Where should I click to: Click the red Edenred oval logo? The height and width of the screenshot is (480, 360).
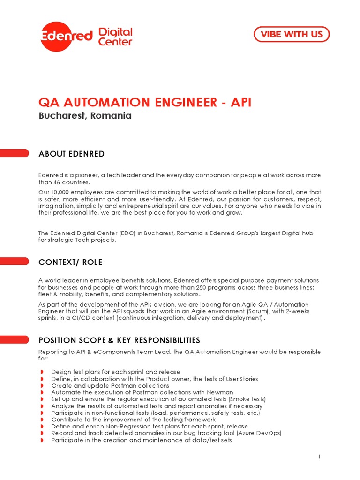(66, 36)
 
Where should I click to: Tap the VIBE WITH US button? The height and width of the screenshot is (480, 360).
(291, 34)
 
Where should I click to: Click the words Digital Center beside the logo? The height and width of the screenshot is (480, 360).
(115, 37)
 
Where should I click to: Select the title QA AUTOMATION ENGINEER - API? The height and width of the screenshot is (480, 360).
(145, 102)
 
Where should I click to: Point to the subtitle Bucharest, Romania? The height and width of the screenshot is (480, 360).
(85, 116)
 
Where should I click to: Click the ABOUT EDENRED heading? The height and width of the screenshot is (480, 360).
(71, 154)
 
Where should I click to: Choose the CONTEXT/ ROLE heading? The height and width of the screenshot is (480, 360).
(70, 262)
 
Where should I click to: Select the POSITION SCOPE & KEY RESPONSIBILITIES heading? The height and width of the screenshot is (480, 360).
(119, 340)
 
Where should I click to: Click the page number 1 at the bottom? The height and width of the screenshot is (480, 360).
(319, 457)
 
